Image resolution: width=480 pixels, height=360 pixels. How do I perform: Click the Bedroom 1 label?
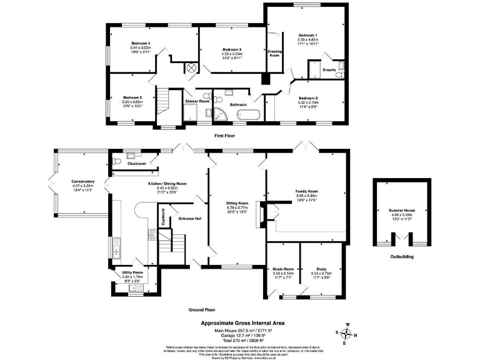point(307,34)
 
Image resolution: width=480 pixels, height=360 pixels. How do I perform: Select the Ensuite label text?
point(329,69)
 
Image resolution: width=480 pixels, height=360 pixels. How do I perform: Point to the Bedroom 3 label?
point(231,49)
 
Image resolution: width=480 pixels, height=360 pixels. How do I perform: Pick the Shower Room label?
point(197,101)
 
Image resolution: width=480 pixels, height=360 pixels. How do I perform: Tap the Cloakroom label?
point(137,164)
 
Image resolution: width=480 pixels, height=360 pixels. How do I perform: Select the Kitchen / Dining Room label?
point(167,183)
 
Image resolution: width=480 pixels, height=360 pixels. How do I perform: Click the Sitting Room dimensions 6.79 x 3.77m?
point(237,207)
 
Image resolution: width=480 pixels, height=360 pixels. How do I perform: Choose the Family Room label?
point(307,191)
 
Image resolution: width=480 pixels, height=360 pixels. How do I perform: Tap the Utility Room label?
point(132,272)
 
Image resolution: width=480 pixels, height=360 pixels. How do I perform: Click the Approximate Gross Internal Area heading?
point(238,322)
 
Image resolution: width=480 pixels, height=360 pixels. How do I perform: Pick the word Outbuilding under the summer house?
point(399,256)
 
